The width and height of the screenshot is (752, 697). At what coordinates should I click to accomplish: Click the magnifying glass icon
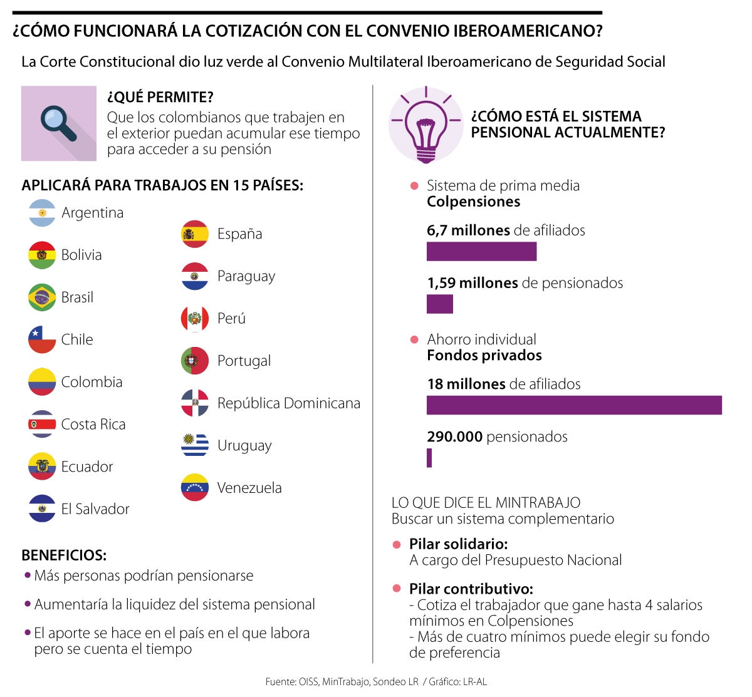[58, 123]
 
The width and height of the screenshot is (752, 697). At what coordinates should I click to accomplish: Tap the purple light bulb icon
[426, 124]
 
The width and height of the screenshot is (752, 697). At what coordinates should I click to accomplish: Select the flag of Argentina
[42, 213]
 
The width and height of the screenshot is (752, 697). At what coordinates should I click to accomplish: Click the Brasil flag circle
[42, 297]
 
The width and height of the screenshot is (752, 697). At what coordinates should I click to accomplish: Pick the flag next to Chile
[42, 339]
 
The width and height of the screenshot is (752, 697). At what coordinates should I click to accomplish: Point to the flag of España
[195, 234]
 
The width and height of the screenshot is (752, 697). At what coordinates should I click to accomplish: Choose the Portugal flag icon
[195, 361]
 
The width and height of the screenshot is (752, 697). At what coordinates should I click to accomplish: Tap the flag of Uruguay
[195, 445]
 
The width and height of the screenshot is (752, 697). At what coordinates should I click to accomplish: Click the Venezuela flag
[195, 488]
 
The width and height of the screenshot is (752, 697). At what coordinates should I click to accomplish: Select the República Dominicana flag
[195, 403]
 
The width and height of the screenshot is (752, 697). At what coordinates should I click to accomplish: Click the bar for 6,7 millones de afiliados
[481, 251]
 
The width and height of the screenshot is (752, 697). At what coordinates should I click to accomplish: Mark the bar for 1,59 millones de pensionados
[439, 304]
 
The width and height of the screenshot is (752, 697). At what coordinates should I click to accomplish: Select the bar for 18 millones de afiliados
[574, 405]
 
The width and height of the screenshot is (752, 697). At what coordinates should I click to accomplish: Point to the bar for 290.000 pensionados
[429, 458]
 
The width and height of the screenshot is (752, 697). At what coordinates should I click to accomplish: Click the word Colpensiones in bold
[473, 202]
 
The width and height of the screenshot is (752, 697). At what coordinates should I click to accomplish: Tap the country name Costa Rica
[93, 425]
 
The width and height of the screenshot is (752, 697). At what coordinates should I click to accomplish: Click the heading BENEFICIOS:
[64, 555]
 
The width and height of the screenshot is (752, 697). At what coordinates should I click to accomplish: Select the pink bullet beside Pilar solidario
[396, 545]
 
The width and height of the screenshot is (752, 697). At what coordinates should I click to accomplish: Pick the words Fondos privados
[484, 356]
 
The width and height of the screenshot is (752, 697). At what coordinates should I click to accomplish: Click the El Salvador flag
[42, 509]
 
